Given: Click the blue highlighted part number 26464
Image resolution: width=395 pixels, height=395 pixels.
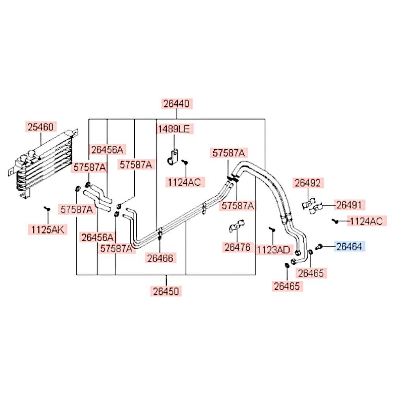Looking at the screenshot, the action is (350, 246).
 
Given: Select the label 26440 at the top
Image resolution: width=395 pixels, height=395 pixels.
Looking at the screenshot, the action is (177, 103).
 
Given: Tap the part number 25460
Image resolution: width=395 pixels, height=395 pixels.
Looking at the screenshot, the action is (41, 127).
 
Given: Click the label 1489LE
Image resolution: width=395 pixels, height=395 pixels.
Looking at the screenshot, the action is (174, 129).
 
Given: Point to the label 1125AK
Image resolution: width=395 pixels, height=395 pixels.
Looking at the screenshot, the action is (48, 229).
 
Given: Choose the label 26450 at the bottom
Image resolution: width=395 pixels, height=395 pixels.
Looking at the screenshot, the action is (166, 291).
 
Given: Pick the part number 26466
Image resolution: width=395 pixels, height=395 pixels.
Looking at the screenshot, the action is (160, 258).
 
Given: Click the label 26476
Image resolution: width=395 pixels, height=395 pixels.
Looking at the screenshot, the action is (237, 247).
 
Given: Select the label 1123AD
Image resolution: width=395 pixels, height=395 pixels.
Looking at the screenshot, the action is (274, 250).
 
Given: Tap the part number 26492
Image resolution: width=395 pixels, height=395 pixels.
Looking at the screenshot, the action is (308, 183).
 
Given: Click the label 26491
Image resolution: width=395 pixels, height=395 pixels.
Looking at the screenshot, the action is (350, 205).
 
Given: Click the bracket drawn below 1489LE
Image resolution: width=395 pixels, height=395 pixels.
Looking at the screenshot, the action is (173, 158).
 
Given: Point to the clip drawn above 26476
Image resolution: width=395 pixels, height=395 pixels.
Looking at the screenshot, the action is (237, 226).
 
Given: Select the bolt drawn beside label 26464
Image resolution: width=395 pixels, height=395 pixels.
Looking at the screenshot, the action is (319, 246).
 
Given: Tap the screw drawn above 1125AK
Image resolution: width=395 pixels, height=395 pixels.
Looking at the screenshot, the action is (47, 209).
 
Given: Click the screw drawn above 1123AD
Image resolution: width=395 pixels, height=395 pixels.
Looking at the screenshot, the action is (272, 229).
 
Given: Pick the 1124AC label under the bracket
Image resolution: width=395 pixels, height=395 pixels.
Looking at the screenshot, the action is (185, 182).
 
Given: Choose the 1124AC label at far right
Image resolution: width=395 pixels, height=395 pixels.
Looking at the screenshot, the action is (367, 221).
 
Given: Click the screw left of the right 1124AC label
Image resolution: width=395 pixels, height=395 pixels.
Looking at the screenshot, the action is (335, 221).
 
